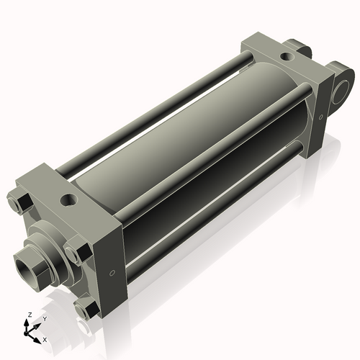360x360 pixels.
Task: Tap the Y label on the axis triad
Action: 44,318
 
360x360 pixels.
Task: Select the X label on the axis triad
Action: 45,338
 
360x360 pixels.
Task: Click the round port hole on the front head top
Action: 70,198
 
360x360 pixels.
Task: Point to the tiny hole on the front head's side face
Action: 112,273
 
